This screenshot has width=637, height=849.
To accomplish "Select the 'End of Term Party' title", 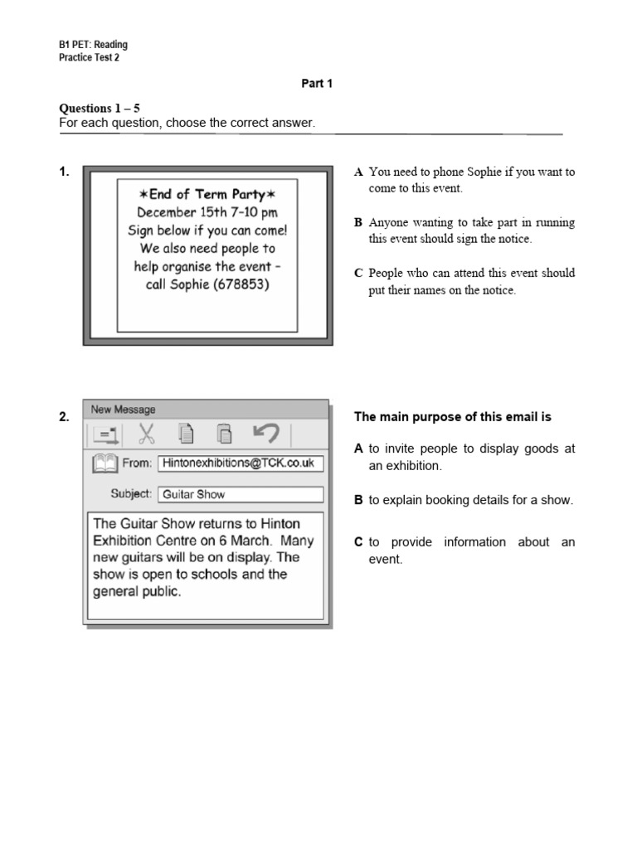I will point(207,194).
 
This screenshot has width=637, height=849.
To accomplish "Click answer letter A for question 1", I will point(358,172).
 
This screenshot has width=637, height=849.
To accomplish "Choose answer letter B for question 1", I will point(358,223).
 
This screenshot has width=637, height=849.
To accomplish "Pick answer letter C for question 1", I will point(358,273).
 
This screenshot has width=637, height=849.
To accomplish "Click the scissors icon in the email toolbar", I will point(146,434).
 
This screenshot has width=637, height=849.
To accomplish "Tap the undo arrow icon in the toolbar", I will point(265,434).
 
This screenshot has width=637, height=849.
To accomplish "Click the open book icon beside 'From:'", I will point(105,463).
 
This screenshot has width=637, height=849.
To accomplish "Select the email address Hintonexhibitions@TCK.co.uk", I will point(239,463).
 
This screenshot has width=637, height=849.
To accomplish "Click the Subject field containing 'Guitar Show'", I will point(240,494).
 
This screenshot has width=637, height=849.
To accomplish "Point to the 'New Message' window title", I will point(123,409).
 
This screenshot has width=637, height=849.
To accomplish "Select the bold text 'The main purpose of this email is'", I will point(452,417).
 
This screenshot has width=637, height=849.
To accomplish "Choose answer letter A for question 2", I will point(358,449).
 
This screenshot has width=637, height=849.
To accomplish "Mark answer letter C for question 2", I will point(358,542).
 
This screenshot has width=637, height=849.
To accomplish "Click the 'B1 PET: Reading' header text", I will point(93,45).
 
